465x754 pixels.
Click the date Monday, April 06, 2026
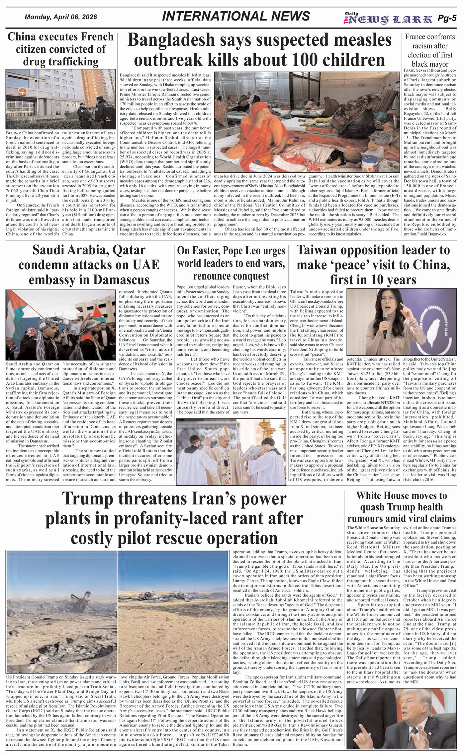click(x=61, y=17)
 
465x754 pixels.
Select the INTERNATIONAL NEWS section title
click(x=236, y=16)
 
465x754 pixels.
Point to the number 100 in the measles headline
click(x=308, y=60)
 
